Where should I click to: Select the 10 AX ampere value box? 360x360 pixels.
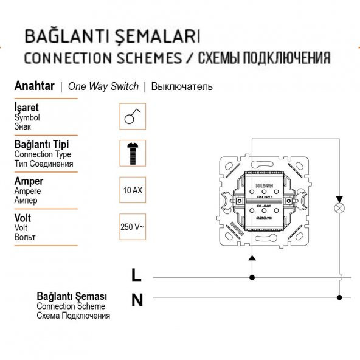[132, 190]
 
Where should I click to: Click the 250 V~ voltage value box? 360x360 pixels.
[132, 227]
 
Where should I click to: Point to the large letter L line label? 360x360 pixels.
[136, 275]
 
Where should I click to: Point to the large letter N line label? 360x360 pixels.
[137, 299]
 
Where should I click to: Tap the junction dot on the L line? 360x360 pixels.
[252, 277]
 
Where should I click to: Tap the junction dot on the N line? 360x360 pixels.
[339, 297]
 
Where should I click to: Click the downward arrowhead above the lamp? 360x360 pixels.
[339, 199]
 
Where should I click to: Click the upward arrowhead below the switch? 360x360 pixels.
[252, 258]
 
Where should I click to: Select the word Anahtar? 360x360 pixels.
[34, 86]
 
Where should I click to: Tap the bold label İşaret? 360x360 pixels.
[26, 108]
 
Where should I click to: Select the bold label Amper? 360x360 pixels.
[29, 181]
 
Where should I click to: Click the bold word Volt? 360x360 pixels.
[22, 218]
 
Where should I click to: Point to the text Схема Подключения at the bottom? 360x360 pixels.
[73, 316]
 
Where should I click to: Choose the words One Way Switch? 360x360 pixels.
[103, 86]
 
